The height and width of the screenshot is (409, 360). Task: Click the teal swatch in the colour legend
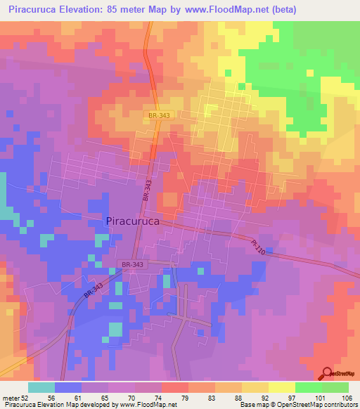point(41,387)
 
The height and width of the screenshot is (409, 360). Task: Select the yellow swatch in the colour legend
point(282,387)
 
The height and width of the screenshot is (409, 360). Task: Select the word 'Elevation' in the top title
point(87,10)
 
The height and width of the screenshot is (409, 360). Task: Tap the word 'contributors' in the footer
point(339,405)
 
